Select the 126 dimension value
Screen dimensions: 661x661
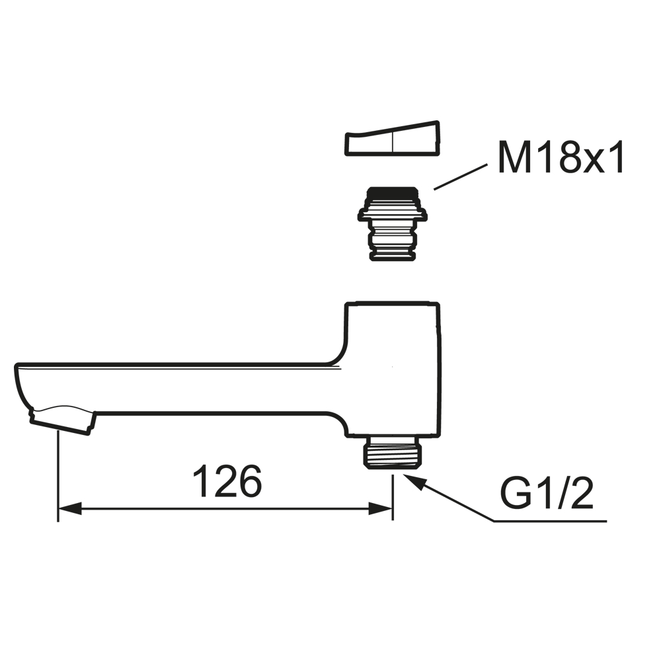[227, 481]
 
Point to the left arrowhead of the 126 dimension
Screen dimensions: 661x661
[69, 508]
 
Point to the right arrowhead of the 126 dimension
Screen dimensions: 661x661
[380, 508]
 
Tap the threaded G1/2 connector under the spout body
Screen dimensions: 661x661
[393, 453]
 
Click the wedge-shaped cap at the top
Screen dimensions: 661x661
[393, 139]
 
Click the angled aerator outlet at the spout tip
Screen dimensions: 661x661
[62, 420]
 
